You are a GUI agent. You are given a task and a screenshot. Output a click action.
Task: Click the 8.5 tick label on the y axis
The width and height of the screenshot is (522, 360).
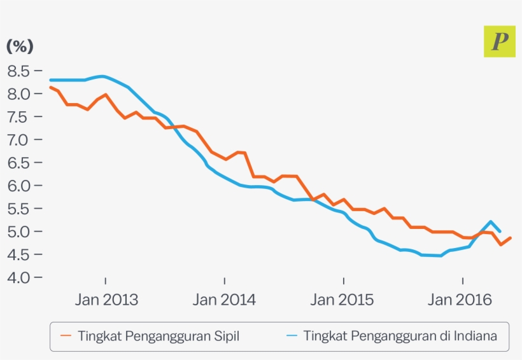(19, 71)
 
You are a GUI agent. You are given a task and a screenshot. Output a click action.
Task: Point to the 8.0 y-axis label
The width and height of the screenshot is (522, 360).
(19, 93)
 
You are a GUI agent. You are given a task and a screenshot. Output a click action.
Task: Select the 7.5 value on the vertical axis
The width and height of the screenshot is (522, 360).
(19, 116)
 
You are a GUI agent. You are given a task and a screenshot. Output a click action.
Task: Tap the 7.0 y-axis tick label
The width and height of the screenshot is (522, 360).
(19, 139)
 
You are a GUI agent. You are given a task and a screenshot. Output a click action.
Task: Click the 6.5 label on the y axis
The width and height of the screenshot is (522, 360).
(19, 162)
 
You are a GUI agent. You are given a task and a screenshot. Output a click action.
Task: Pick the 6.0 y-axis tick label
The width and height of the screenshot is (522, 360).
(19, 185)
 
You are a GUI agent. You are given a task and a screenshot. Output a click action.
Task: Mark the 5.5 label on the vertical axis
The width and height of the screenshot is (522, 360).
(19, 208)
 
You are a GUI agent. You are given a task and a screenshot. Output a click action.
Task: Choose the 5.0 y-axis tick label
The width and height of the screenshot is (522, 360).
(19, 231)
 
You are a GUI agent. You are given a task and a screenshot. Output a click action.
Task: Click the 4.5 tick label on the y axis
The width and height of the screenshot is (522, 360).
(19, 254)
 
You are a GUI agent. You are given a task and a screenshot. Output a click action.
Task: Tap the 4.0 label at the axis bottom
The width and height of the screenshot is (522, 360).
(19, 277)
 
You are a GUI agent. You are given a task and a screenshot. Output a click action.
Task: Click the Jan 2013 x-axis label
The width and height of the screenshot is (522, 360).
(106, 300)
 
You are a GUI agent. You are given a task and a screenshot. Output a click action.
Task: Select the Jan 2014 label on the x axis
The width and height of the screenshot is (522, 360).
(225, 300)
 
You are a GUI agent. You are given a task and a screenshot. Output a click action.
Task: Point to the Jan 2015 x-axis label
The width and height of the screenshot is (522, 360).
(343, 300)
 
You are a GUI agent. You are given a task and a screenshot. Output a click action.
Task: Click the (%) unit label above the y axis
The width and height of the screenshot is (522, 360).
(20, 46)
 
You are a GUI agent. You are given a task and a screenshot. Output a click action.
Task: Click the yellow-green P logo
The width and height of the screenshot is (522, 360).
(500, 41)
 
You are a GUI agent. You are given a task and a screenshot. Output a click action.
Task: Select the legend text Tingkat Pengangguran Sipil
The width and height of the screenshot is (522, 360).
(159, 336)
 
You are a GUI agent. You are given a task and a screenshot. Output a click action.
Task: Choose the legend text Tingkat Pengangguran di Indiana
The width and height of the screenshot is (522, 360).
(400, 336)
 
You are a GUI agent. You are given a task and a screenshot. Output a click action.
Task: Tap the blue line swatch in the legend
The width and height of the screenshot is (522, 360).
(292, 336)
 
